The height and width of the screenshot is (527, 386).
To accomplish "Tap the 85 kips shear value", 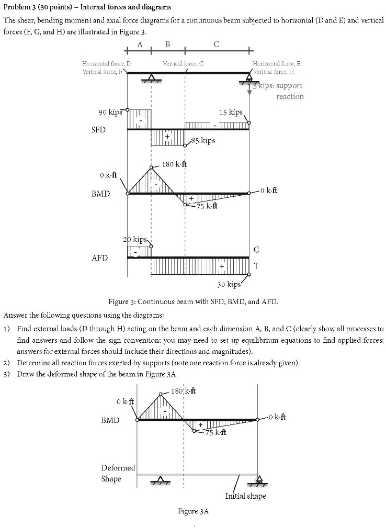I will (x=203, y=141).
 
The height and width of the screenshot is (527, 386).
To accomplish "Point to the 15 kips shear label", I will (x=231, y=113).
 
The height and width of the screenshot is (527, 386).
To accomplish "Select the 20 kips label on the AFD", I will (x=137, y=239).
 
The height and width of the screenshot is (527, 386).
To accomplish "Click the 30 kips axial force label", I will (x=229, y=285).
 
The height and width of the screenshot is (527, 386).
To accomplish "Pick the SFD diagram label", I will (x=99, y=129).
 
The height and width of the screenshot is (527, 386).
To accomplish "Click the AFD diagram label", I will (x=99, y=258).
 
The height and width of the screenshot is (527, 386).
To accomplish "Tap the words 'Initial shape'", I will (x=245, y=496).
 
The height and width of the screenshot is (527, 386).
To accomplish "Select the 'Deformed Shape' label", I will (x=118, y=473).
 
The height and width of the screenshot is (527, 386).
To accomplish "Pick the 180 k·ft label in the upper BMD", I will (x=174, y=164).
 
